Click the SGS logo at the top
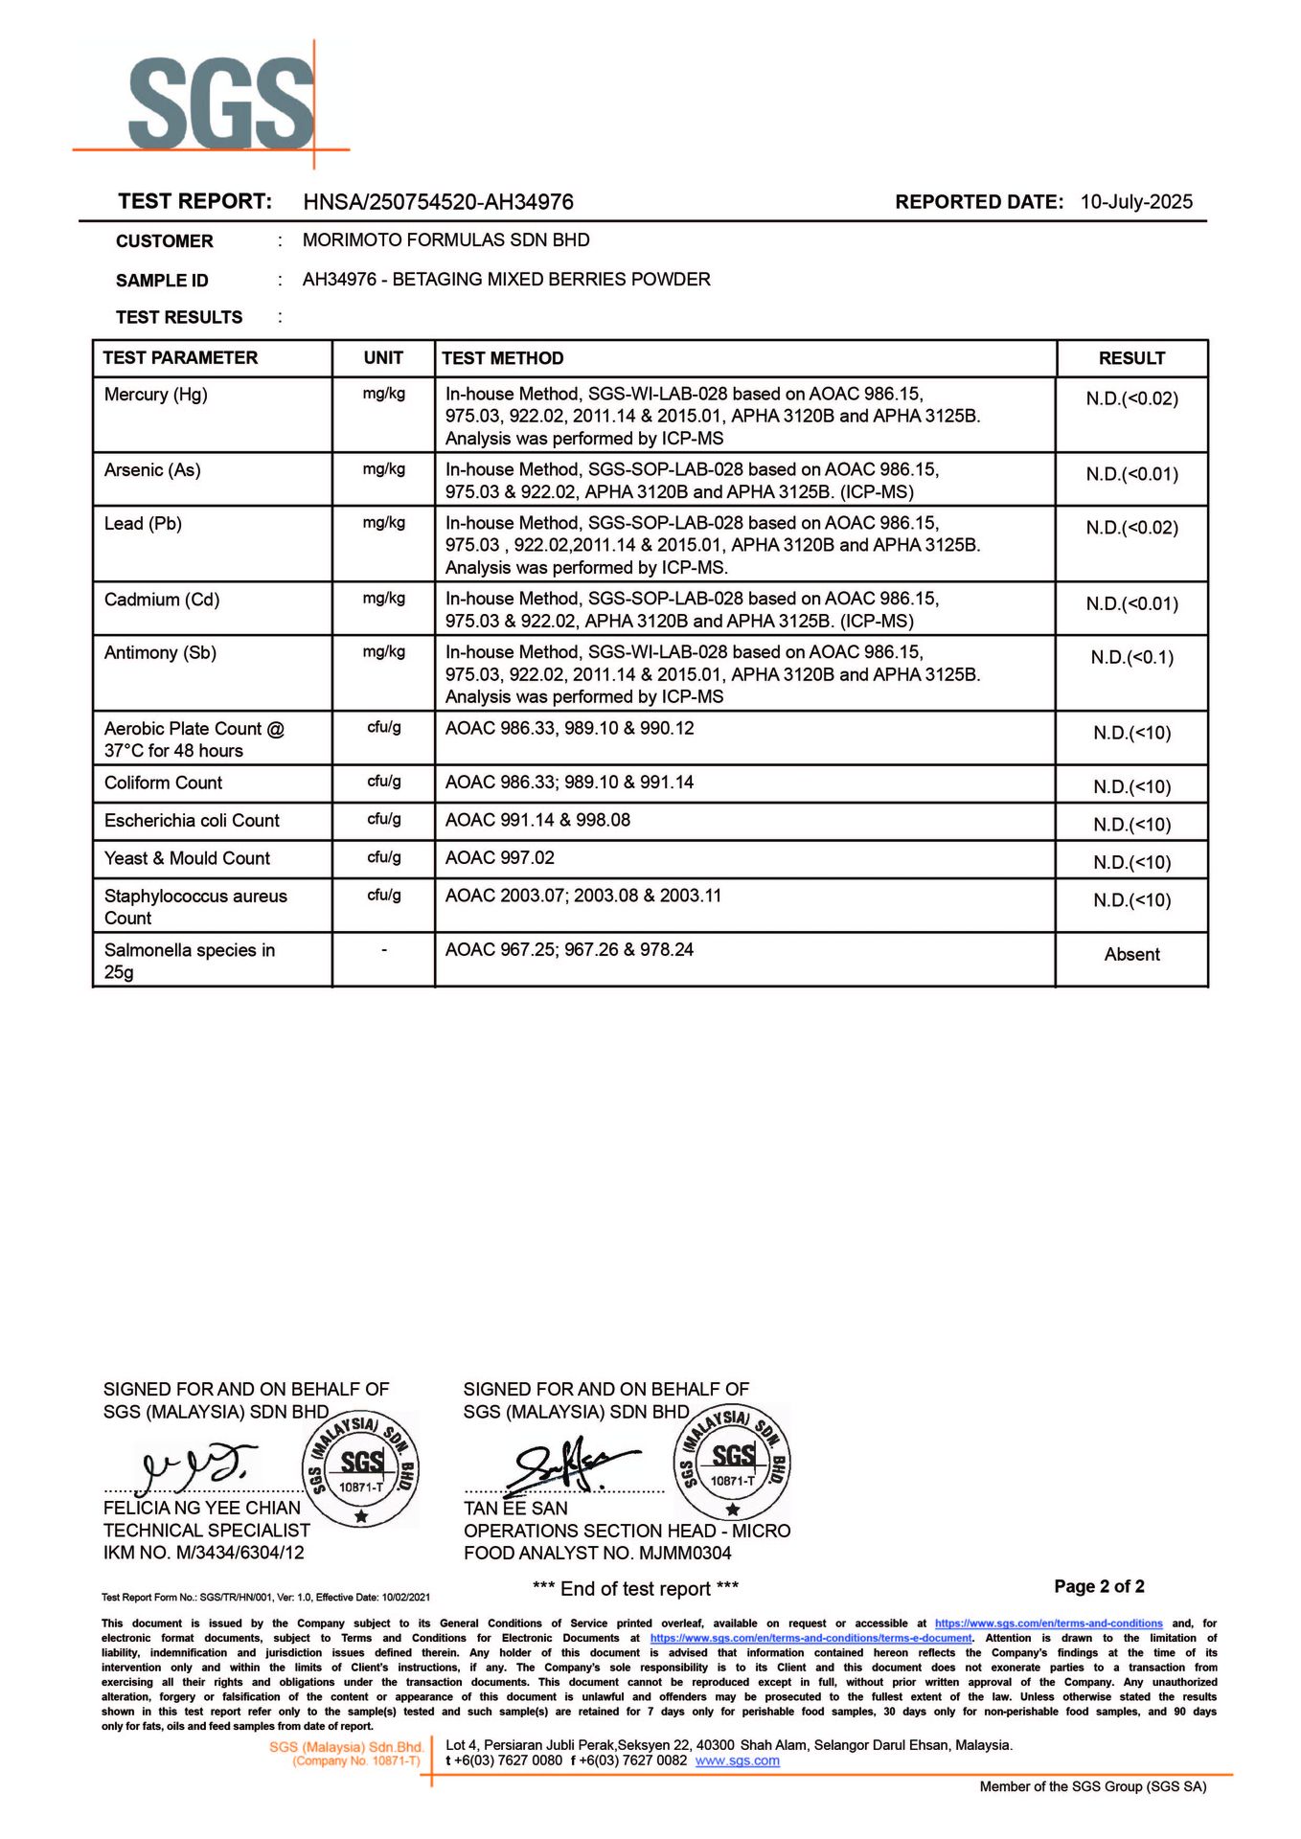pyautogui.click(x=220, y=103)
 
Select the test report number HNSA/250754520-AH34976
pyautogui.click(x=438, y=202)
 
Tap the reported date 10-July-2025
pyautogui.click(x=1136, y=202)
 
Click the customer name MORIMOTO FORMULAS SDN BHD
pyautogui.click(x=445, y=240)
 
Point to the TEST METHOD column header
pyautogui.click(x=502, y=358)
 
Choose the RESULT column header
pyautogui.click(x=1131, y=358)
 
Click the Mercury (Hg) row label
pyautogui.click(x=155, y=395)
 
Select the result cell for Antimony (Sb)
pyautogui.click(x=1131, y=657)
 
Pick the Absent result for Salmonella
pyautogui.click(x=1131, y=954)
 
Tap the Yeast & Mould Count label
pyautogui.click(x=187, y=858)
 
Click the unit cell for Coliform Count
pyautogui.click(x=383, y=782)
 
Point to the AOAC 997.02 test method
pyautogui.click(x=499, y=858)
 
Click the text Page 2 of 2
pyautogui.click(x=1099, y=1586)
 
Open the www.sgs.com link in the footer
pyautogui.click(x=737, y=1760)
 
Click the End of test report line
pyautogui.click(x=635, y=1589)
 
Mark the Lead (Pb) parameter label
pyautogui.click(x=143, y=524)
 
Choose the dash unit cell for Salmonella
pyautogui.click(x=383, y=950)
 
